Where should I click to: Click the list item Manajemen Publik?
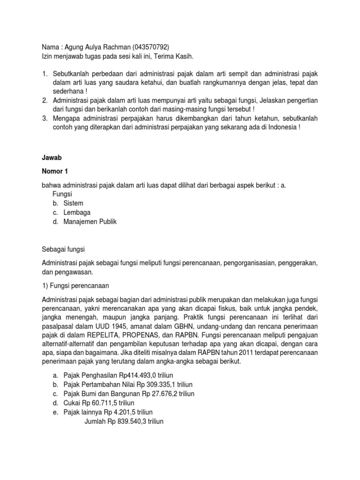click(x=90, y=222)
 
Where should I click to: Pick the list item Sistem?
click(x=74, y=203)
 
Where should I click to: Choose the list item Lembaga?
click(x=77, y=212)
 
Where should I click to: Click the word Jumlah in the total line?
click(x=95, y=421)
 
